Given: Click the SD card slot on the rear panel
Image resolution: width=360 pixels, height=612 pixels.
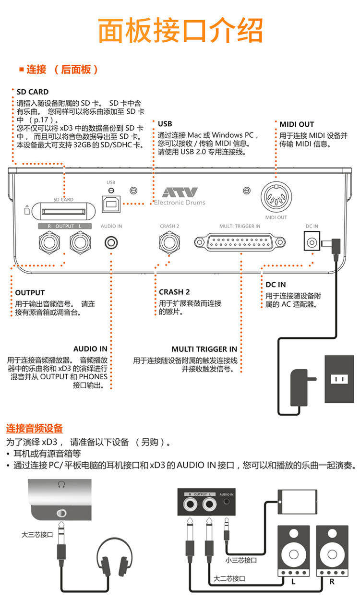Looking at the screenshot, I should pyautogui.click(x=63, y=210).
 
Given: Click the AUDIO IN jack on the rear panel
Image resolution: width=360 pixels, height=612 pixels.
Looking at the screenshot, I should pyautogui.click(x=111, y=242).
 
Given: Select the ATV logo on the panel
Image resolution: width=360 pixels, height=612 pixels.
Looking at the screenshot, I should pyautogui.click(x=180, y=192).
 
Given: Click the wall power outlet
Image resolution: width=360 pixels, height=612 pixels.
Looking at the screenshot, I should pyautogui.click(x=339, y=379).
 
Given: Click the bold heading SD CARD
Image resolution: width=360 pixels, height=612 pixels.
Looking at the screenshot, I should pyautogui.click(x=32, y=92).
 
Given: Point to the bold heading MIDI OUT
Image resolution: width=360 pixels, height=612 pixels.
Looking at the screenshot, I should pyautogui.click(x=297, y=124).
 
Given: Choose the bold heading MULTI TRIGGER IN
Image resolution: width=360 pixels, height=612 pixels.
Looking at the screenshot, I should pyautogui.click(x=204, y=349).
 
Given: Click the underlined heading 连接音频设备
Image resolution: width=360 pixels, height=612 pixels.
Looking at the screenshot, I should pyautogui.click(x=34, y=429).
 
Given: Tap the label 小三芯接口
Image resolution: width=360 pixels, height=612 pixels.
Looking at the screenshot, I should pyautogui.click(x=241, y=560).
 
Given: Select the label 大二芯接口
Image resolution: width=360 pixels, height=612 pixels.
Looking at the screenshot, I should pyautogui.click(x=229, y=578).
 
